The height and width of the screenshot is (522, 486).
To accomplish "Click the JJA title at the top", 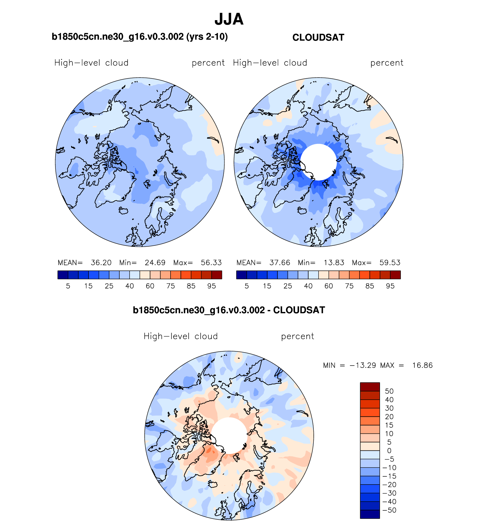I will [229, 19].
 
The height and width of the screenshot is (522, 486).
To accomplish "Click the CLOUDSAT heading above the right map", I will [318, 37].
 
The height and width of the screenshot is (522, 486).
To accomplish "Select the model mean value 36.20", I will [101, 263].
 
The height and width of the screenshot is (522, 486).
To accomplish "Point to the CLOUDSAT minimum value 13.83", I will [334, 263].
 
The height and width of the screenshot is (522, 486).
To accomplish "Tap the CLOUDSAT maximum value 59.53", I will [390, 263].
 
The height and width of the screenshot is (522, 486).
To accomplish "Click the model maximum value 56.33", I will [211, 263].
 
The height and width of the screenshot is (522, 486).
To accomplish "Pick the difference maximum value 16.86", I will [422, 365].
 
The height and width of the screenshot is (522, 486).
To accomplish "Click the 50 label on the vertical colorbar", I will [389, 391].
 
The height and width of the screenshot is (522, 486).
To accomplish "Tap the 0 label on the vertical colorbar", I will [389, 451].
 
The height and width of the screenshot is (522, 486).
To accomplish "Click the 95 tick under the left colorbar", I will [211, 286].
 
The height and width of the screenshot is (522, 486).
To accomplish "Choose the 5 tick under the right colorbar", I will [247, 286].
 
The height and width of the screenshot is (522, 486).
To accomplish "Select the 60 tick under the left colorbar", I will [150, 286].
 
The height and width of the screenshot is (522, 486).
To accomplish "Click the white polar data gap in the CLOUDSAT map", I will [318, 162].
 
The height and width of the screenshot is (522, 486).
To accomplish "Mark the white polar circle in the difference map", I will [229, 435].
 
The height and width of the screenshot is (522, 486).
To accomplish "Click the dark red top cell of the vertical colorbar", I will [370, 387].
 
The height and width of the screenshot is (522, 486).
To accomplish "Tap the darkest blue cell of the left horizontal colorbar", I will [63, 275].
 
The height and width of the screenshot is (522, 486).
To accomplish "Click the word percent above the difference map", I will [297, 336].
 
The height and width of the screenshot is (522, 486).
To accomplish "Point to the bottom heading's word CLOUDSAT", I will [299, 310].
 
